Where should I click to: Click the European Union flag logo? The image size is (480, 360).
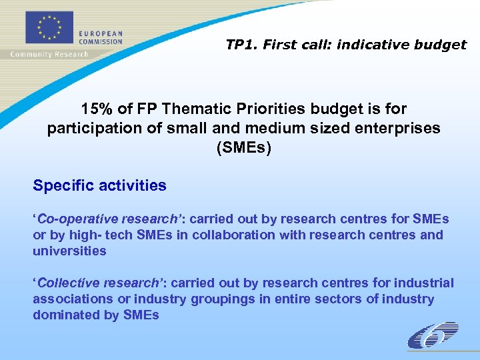(x=48, y=26)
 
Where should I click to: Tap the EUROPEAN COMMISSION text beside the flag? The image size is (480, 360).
(x=101, y=37)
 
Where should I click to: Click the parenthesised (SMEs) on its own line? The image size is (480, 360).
(x=243, y=148)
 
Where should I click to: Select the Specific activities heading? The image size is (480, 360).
(x=99, y=185)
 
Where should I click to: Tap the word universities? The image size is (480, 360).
(x=69, y=251)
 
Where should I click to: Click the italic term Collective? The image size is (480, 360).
(x=63, y=283)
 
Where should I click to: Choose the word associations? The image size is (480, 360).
(x=73, y=299)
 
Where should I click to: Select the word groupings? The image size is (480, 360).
(x=223, y=299)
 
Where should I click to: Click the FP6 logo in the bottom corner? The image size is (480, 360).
(x=433, y=335)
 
